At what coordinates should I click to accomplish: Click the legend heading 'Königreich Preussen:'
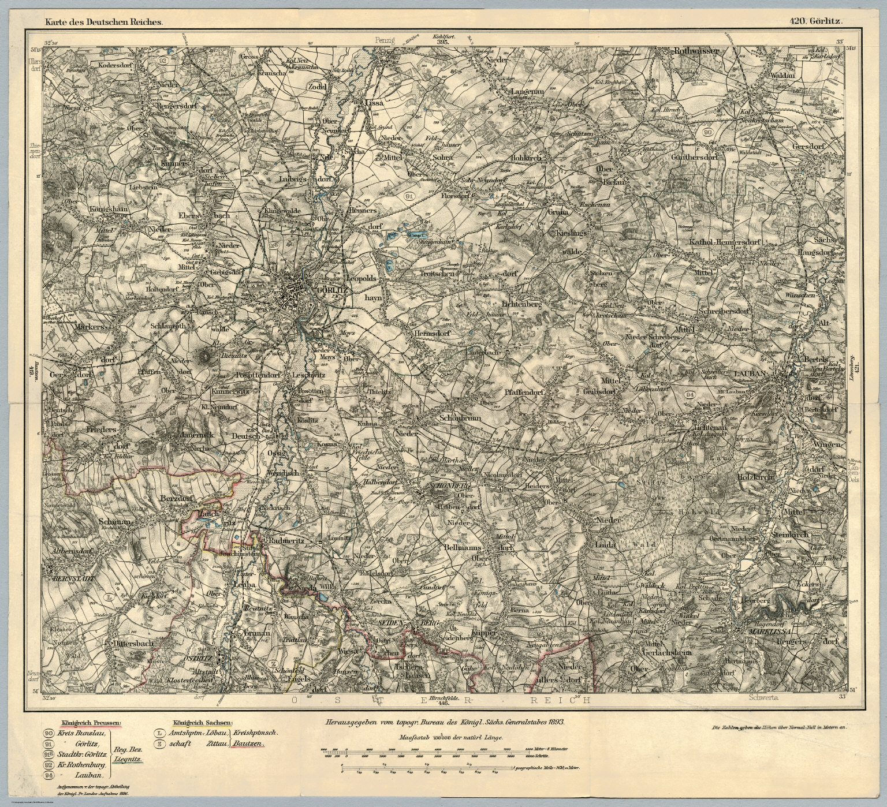pos(87,722)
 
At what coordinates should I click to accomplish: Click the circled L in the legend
pos(159,733)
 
